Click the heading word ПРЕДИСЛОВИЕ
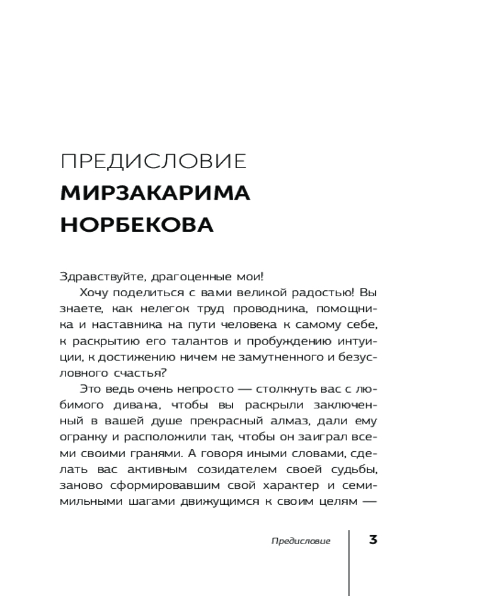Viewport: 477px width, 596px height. [x=154, y=163]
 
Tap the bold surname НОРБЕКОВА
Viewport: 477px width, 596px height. [x=137, y=225]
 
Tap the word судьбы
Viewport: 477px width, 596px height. [x=344, y=470]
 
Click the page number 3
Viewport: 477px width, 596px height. [x=373, y=541]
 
